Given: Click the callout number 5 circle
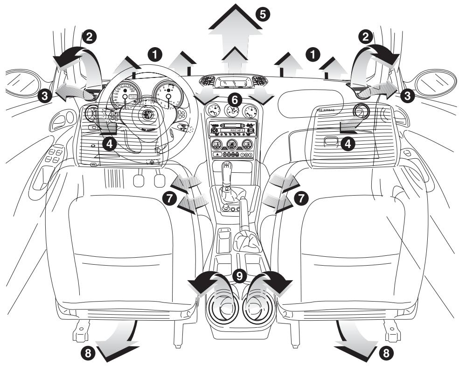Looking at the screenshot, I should [x=263, y=14].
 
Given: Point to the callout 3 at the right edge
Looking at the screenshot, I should [x=407, y=96].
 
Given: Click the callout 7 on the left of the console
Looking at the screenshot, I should [x=169, y=198].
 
